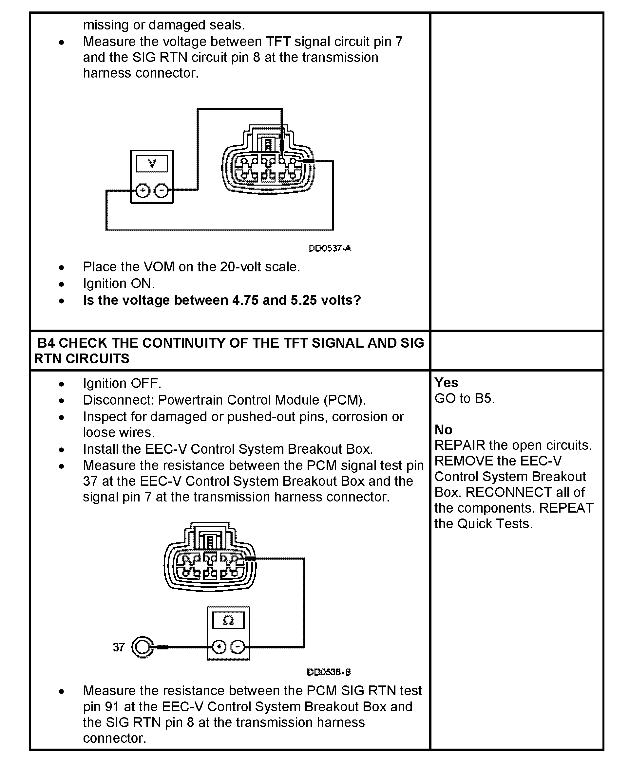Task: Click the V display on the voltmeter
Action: point(152,164)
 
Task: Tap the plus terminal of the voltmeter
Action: point(143,191)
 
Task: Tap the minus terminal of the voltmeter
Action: point(161,191)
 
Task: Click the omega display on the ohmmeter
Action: point(228,620)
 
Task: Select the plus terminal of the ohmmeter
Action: point(219,647)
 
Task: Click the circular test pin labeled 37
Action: point(142,647)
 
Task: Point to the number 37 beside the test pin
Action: point(119,647)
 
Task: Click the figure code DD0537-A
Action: point(330,248)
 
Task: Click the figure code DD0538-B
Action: point(329,672)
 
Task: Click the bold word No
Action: point(443,430)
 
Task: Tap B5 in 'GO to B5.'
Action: point(485,399)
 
